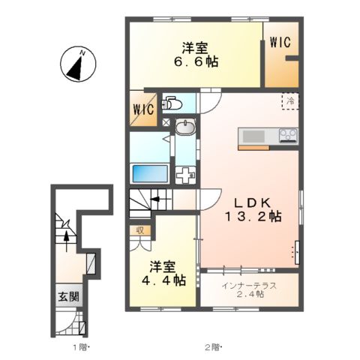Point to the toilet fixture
pos(172,103)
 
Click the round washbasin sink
pos(185,129)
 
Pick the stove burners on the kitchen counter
pos(287,135)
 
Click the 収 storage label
pos(140,230)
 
